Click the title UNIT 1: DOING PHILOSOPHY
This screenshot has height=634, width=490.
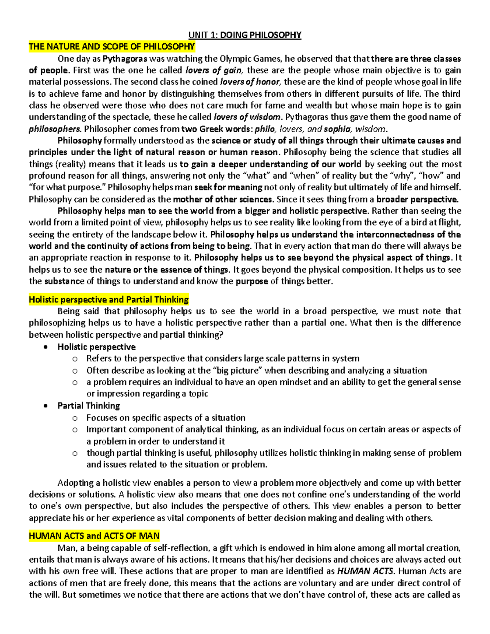point(245,35)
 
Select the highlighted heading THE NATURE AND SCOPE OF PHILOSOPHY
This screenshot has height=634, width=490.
point(111,47)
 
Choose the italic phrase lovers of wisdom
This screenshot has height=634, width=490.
point(247,117)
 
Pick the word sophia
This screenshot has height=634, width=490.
point(338,129)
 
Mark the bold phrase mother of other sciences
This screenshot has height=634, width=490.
point(223,200)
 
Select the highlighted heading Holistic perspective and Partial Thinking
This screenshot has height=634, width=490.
point(109,300)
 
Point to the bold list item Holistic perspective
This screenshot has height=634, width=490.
point(96,347)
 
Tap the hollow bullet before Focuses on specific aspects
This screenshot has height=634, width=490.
point(75,418)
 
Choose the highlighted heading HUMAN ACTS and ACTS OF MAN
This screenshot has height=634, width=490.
point(94,536)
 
